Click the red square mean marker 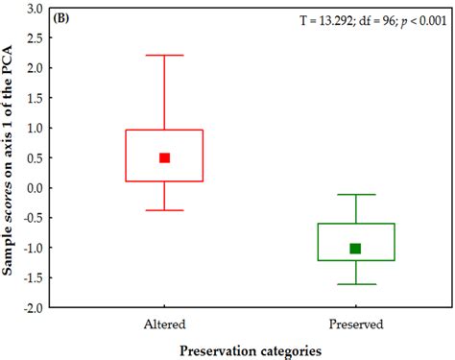(x=164, y=157)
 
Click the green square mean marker (x=355, y=249)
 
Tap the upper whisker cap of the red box (x=164, y=56)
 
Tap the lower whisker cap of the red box (x=164, y=210)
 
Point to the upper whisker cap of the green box (x=355, y=195)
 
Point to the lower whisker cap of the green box (x=355, y=284)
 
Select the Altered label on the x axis (x=164, y=324)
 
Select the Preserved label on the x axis (x=355, y=324)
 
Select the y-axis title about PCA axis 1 (x=11, y=158)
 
